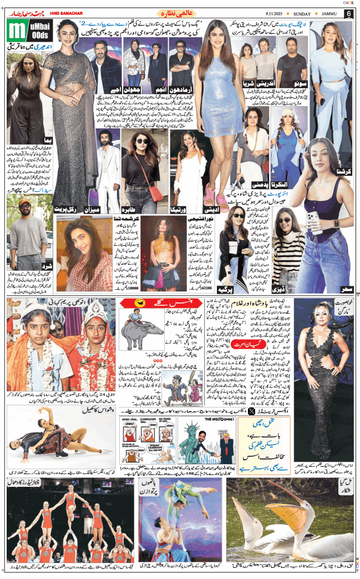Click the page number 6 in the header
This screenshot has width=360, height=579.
[x=349, y=13]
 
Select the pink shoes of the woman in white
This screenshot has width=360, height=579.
[x=210, y=195]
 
